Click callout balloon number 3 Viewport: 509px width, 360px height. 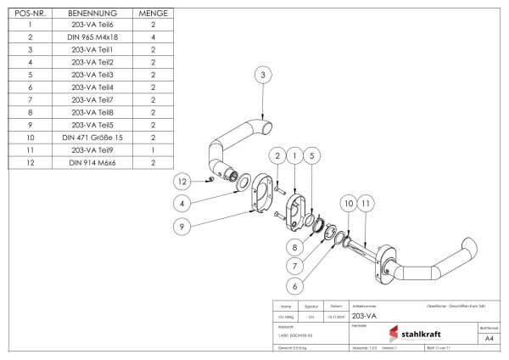(264, 76)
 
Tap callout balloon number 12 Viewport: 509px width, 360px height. (181, 183)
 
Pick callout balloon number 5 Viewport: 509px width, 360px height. (312, 156)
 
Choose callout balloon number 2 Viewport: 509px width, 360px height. (277, 156)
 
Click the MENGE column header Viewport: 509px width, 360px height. (153, 14)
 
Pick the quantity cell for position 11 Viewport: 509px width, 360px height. (153, 148)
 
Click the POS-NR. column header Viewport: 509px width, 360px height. (30, 14)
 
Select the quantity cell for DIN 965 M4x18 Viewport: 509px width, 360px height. (153, 38)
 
